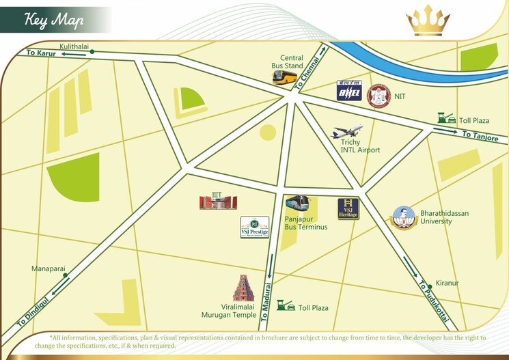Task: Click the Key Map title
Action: [x=54, y=20]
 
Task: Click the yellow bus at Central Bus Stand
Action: [x=285, y=78]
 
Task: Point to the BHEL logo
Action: [x=350, y=92]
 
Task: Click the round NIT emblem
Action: [x=379, y=96]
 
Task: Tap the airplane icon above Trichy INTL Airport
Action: [x=347, y=132]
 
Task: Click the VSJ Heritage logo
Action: [x=348, y=209]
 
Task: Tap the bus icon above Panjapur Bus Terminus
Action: [x=297, y=204]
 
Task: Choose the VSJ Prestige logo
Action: [x=254, y=227]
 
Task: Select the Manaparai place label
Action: [x=48, y=269]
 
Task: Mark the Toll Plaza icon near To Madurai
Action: [x=286, y=306]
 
